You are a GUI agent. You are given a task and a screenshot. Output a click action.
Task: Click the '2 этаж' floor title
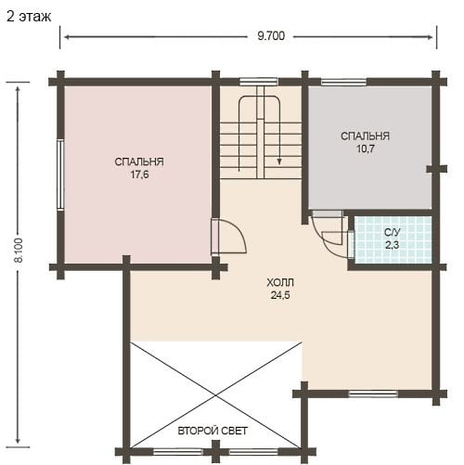pyautogui.click(x=29, y=17)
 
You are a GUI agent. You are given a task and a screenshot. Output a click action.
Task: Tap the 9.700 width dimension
pyautogui.click(x=271, y=36)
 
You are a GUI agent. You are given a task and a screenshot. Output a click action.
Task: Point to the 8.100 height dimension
pyautogui.click(x=19, y=251)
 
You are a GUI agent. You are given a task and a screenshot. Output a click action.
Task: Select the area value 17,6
pyautogui.click(x=139, y=174)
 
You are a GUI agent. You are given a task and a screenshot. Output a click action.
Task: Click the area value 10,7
pyautogui.click(x=366, y=149)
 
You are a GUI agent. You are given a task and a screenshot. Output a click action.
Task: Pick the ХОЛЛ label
pyautogui.click(x=280, y=282)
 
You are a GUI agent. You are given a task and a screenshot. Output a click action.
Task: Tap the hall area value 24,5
pyautogui.click(x=280, y=295)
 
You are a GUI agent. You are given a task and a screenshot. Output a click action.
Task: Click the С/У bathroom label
pyautogui.click(x=393, y=232)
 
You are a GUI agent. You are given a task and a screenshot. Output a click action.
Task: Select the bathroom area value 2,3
pyautogui.click(x=393, y=245)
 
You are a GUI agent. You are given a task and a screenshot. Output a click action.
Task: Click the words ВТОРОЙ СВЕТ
pyautogui.click(x=213, y=431)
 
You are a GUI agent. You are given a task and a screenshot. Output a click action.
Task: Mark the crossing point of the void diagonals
pyautogui.click(x=215, y=395)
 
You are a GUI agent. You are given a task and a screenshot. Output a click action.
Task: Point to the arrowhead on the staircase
pyautogui.click(x=279, y=161)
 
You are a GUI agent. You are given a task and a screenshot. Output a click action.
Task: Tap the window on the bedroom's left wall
pyautogui.click(x=60, y=174)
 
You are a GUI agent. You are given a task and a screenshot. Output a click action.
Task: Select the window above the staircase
pyautogui.click(x=259, y=82)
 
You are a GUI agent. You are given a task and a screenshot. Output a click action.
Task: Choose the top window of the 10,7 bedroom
pyautogui.click(x=343, y=82)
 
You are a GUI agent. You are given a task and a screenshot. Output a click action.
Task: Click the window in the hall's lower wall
pyautogui.click(x=373, y=394)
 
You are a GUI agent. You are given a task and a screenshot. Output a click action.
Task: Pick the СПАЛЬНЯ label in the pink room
pyautogui.click(x=139, y=161)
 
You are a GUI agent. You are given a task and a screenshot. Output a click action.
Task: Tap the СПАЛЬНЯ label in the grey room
pyautogui.click(x=366, y=136)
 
